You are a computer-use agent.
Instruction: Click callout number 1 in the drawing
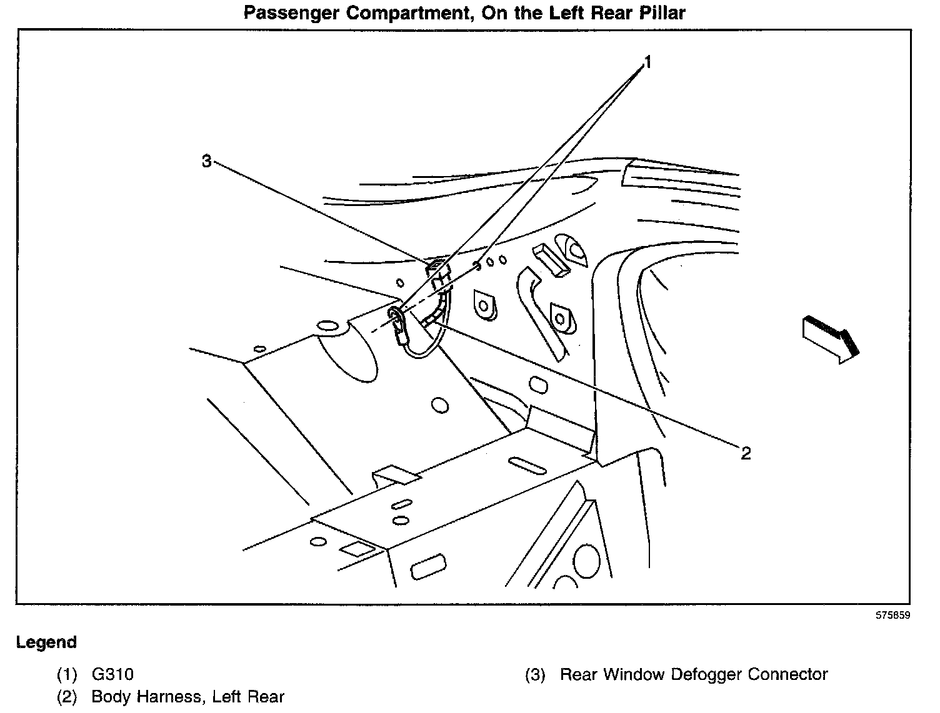648,62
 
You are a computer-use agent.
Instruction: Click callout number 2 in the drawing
745,453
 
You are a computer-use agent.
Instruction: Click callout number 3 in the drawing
207,161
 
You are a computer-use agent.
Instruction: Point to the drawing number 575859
892,615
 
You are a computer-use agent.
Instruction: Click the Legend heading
46,642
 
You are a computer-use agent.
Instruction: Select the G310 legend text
112,674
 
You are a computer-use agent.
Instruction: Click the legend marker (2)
67,697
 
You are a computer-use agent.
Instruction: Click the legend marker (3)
535,674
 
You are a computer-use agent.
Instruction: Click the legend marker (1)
67,674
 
